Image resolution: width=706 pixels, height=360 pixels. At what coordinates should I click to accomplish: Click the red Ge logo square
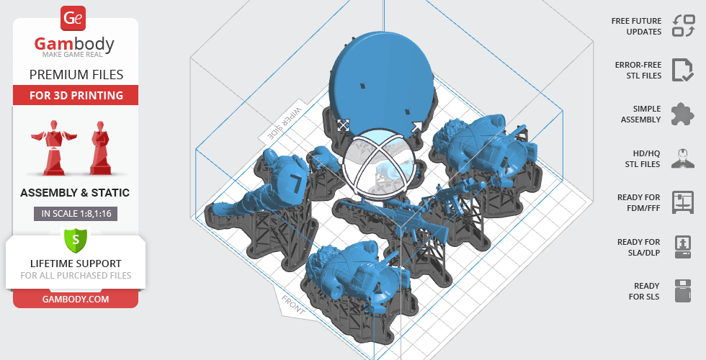(x=73, y=19)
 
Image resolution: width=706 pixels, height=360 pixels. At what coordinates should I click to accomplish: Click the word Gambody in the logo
(x=74, y=44)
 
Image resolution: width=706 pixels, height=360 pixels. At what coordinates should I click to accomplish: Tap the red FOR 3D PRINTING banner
(x=76, y=95)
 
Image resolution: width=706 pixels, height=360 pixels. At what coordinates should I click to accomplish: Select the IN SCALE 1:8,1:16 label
(x=76, y=213)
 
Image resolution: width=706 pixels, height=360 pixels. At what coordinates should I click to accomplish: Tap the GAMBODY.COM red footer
(x=76, y=300)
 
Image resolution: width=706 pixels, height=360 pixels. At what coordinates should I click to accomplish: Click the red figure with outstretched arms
(x=53, y=147)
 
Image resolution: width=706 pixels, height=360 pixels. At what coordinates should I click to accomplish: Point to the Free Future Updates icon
(x=684, y=26)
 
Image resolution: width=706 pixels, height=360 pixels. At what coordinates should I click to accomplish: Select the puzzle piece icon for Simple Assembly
(x=683, y=114)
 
